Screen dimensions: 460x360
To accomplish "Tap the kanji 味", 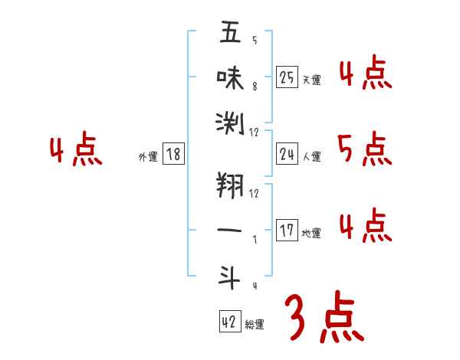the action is click(x=230, y=77).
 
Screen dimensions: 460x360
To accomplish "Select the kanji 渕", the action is click(x=230, y=122).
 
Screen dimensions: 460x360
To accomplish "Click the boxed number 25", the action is click(x=287, y=77).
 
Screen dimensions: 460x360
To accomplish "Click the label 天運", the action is click(x=312, y=80).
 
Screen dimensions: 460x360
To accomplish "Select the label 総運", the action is click(x=255, y=324).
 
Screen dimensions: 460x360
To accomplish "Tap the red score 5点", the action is click(x=363, y=149).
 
